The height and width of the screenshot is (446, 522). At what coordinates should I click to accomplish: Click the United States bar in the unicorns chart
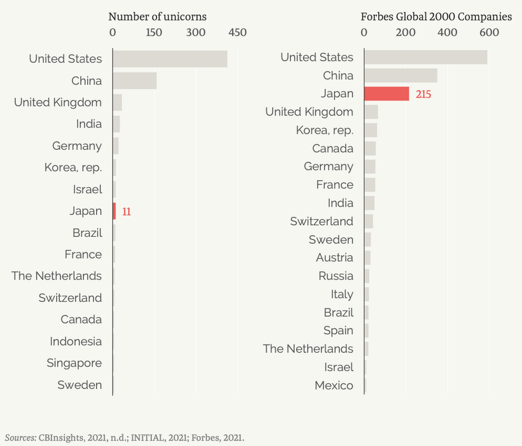point(170,59)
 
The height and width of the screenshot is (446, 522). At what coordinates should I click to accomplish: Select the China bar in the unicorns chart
point(134,81)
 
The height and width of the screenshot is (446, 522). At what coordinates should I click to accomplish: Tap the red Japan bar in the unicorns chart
point(114,211)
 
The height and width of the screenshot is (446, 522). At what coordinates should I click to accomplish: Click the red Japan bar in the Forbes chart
point(387,94)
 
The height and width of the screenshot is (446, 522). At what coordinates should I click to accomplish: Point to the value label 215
point(423,94)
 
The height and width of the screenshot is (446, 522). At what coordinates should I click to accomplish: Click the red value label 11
point(127,211)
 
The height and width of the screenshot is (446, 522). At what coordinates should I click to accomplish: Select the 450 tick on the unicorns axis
point(238,33)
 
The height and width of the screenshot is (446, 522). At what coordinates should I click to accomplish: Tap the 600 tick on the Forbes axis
point(489,33)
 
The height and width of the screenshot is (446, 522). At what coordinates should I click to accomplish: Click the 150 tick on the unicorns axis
point(154,33)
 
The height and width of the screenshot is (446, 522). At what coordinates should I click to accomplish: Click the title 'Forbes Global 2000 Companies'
point(436,17)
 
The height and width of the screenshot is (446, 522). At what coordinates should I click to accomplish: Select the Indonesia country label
point(76,342)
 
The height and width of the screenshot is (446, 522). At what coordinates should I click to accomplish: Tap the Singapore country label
point(74,363)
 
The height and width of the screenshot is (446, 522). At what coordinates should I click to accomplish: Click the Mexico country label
point(334,386)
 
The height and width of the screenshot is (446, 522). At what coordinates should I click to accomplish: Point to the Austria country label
point(334,257)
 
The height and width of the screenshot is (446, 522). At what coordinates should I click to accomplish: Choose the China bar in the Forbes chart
point(400,75)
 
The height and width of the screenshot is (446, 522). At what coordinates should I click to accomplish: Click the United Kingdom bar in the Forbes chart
point(371,112)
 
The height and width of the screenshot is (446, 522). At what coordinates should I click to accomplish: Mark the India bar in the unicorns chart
point(116,124)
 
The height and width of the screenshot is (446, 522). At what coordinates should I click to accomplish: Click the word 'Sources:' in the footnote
point(21,437)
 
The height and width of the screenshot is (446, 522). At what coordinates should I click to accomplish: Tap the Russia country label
point(336,276)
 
